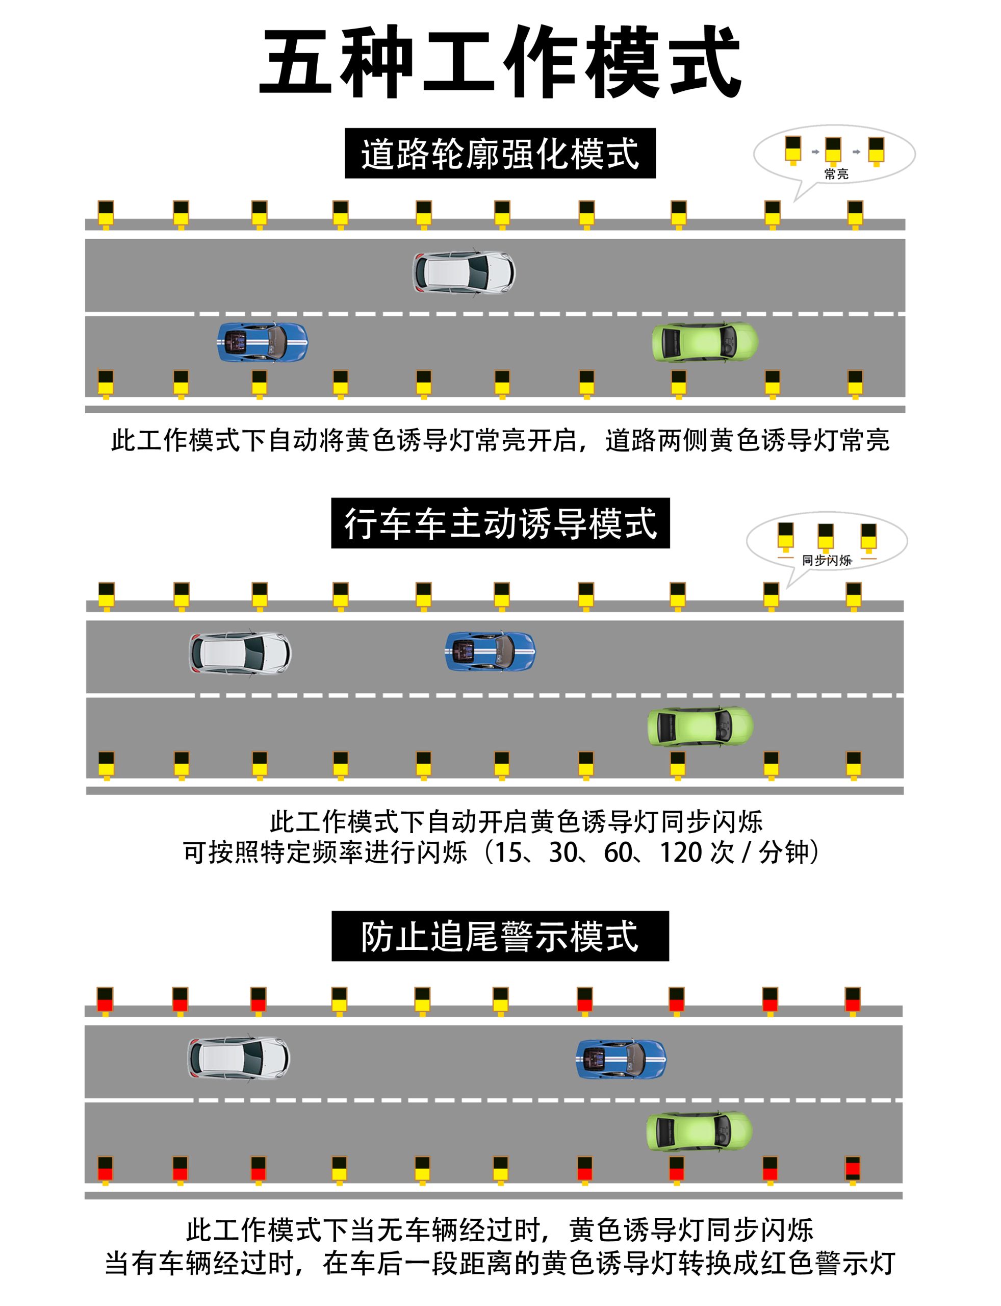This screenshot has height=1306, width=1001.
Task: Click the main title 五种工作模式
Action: (501, 62)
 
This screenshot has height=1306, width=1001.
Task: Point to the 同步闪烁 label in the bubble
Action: (827, 560)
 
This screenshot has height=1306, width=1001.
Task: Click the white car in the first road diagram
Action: (464, 272)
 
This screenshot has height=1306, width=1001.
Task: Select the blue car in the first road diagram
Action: (262, 342)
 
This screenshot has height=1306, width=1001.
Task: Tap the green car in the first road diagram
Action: (705, 342)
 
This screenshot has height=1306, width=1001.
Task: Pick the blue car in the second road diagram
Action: (490, 651)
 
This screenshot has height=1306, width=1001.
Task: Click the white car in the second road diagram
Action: (240, 652)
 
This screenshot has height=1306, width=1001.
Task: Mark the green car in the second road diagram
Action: (700, 726)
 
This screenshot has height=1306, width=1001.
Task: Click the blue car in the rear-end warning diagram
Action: (621, 1059)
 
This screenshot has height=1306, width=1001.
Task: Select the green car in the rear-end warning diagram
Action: (699, 1132)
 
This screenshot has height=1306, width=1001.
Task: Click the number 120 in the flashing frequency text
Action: (677, 853)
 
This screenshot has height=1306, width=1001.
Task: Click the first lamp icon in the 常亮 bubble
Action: (792, 149)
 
